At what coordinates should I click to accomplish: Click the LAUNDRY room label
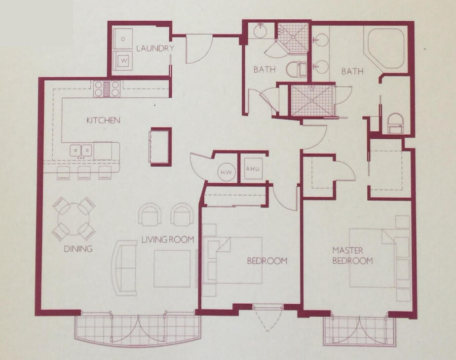click(155, 48)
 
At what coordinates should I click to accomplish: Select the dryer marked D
click(123, 38)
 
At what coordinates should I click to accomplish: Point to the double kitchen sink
click(81, 150)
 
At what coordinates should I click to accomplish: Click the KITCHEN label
click(103, 120)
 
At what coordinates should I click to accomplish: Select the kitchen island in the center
click(161, 146)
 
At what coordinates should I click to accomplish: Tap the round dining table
click(74, 218)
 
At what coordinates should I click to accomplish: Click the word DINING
click(78, 249)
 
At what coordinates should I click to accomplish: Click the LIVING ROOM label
click(167, 240)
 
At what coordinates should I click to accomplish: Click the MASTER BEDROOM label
click(352, 255)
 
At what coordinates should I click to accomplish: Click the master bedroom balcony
click(360, 330)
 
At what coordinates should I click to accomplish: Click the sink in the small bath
click(261, 31)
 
